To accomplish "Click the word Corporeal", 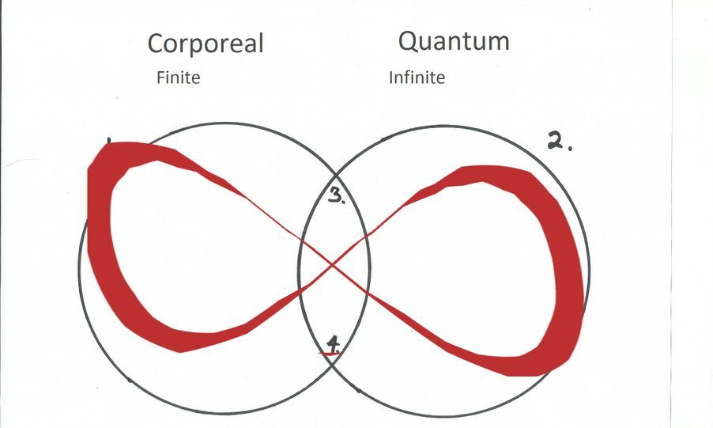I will pos(205,44).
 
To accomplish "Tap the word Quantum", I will pos(454,41).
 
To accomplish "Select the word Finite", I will pos(178,78).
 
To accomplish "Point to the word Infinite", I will pos(417,78).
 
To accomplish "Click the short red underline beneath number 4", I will pos(330,353).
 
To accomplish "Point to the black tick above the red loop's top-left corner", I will pos(108,142).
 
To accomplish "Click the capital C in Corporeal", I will pos(156,45).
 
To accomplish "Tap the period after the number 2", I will pos(570,148).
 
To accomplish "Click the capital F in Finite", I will pos(160,78).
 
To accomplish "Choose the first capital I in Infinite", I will pos(391,78).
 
